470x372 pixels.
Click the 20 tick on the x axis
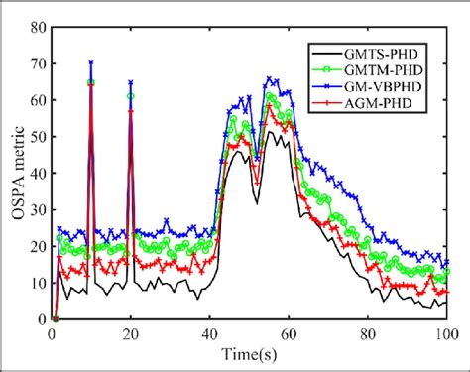(x=131, y=334)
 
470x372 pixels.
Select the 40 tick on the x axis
(x=209, y=334)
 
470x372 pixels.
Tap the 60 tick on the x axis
(x=289, y=334)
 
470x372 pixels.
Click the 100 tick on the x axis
(x=446, y=334)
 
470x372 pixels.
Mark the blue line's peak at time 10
(x=91, y=62)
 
